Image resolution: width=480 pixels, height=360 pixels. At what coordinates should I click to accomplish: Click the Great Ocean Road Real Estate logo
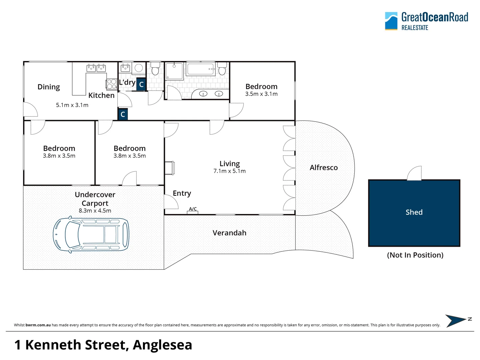[426, 21]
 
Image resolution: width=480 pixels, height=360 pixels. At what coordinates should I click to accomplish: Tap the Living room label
[230, 164]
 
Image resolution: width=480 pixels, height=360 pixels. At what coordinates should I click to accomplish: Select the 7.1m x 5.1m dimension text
[230, 171]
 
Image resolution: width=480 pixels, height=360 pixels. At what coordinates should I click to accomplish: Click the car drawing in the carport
[91, 235]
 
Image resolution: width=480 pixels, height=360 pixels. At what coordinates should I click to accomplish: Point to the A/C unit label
[193, 209]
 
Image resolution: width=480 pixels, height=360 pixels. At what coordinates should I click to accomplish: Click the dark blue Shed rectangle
[414, 213]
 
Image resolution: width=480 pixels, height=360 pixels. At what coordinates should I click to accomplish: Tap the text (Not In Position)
[415, 255]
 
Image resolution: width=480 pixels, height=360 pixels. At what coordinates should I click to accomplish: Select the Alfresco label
[323, 168]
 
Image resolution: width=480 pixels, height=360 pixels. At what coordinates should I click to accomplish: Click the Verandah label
[229, 233]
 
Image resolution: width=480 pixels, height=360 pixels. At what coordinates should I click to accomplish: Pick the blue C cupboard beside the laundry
[141, 84]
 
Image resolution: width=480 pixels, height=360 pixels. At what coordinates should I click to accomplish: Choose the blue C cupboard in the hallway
[123, 114]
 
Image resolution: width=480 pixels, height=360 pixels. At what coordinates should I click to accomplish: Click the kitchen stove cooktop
[112, 84]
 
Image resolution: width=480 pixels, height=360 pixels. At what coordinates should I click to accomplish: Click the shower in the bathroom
[174, 71]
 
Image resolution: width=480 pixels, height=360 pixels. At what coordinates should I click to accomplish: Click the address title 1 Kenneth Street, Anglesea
[103, 345]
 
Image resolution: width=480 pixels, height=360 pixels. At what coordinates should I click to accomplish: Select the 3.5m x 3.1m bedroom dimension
[261, 94]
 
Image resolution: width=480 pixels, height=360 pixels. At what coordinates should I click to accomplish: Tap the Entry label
[182, 193]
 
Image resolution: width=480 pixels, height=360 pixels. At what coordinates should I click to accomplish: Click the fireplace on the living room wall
[169, 168]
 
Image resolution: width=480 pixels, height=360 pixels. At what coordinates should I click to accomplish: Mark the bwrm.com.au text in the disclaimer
[38, 325]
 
